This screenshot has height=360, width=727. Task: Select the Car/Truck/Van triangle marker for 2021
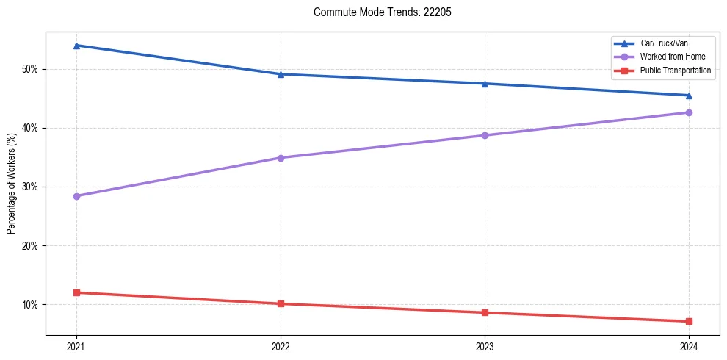pyautogui.click(x=76, y=46)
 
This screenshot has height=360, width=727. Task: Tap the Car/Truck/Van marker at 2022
pyautogui.click(x=281, y=74)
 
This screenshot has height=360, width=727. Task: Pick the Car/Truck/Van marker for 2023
pyautogui.click(x=485, y=84)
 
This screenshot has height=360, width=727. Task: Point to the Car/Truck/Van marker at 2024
pyautogui.click(x=689, y=96)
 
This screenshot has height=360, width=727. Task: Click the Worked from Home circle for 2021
pyautogui.click(x=76, y=196)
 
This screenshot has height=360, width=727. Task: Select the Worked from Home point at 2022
pyautogui.click(x=281, y=158)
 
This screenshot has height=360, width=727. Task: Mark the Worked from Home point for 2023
pyautogui.click(x=485, y=135)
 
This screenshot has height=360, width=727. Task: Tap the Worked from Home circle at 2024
pyautogui.click(x=689, y=112)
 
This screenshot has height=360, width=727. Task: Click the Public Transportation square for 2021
pyautogui.click(x=76, y=292)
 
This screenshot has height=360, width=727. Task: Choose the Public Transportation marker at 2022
pyautogui.click(x=281, y=303)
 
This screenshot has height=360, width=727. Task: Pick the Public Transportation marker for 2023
pyautogui.click(x=485, y=312)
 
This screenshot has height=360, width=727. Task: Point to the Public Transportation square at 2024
pyautogui.click(x=689, y=321)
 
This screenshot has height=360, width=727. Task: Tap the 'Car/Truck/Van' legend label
pyautogui.click(x=664, y=43)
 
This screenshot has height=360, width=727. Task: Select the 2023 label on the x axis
pyautogui.click(x=485, y=347)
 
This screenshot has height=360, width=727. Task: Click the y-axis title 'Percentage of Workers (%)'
pyautogui.click(x=12, y=184)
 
